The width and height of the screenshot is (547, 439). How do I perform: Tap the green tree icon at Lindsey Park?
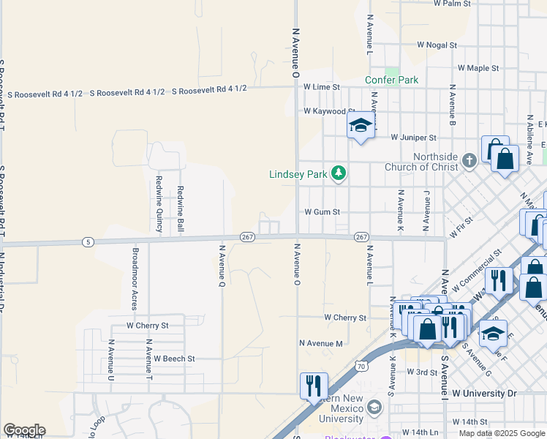pos(338,173)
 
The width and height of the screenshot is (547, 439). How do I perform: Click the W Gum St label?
pos(322,212)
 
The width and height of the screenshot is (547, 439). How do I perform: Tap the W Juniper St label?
pos(413,137)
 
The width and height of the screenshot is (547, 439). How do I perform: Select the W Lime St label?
pos(322,87)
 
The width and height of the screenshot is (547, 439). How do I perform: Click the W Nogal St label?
pos(437,45)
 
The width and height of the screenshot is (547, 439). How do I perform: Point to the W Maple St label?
pos(478,68)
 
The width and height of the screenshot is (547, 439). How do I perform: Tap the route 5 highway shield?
pos(87,241)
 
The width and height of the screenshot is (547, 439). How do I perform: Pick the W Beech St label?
pos(174,359)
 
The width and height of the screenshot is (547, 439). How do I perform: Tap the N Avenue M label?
pos(321,343)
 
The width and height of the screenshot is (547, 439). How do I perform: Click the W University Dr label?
pos(484,394)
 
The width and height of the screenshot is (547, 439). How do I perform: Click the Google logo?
pos(24,429)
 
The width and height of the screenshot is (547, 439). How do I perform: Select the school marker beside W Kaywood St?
pos(361,126)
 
